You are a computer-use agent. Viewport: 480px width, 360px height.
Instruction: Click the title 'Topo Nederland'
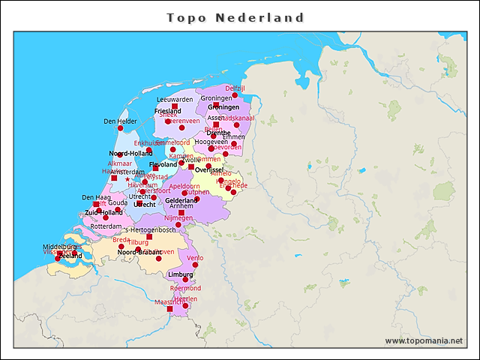pyautogui.click(x=235, y=17)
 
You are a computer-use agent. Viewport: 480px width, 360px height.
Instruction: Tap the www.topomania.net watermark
pyautogui.click(x=424, y=341)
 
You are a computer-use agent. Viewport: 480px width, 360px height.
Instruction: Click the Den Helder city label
pyautogui.click(x=120, y=121)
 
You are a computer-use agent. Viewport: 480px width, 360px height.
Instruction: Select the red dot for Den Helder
pyautogui.click(x=120, y=128)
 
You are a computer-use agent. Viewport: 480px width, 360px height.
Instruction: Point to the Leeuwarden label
pyautogui.click(x=175, y=99)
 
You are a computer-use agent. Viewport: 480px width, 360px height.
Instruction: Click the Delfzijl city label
pyautogui.click(x=235, y=88)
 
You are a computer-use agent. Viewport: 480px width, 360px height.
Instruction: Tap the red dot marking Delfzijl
pyautogui.click(x=235, y=95)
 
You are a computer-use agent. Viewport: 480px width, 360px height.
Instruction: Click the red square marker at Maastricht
pyautogui.click(x=169, y=309)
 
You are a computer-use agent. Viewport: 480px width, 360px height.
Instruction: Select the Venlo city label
pyautogui.click(x=195, y=258)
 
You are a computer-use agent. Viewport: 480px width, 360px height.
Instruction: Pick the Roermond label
pyautogui.click(x=185, y=288)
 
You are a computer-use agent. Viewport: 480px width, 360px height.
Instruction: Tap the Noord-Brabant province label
pyautogui.click(x=139, y=252)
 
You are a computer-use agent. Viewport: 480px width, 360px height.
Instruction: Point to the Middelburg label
pyautogui.click(x=60, y=246)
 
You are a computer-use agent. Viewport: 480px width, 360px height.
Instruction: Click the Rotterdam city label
pyautogui.click(x=106, y=226)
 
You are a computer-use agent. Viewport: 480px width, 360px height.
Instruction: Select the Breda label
pyautogui.click(x=121, y=240)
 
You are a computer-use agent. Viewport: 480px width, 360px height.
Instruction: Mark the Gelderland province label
pyautogui.click(x=181, y=201)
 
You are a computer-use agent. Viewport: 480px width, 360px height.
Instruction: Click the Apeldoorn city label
pyautogui.click(x=184, y=185)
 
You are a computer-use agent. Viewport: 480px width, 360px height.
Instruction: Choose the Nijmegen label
pyautogui.click(x=178, y=217)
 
